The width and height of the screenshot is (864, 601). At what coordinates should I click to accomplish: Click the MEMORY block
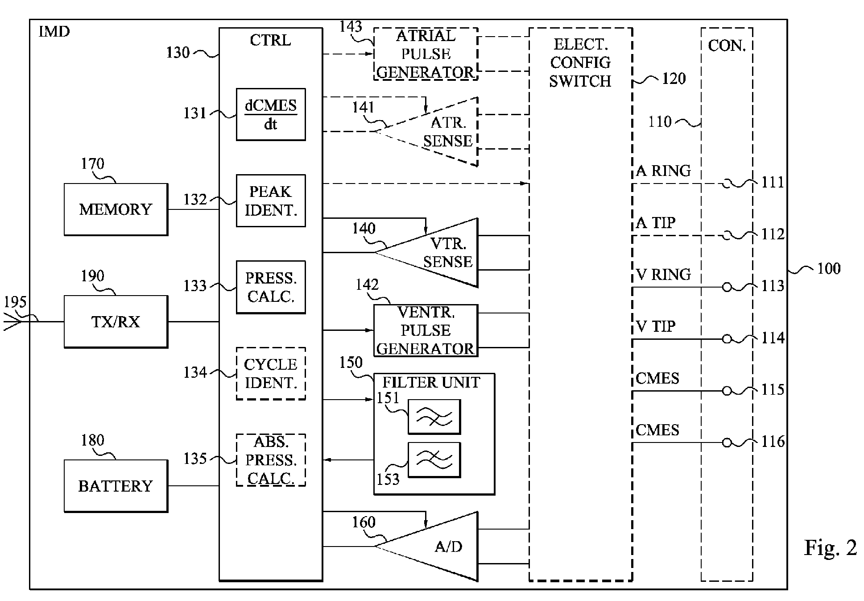[116, 209]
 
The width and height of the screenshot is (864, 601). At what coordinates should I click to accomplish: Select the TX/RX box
[116, 321]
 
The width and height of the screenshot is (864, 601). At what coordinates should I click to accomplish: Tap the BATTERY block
[116, 486]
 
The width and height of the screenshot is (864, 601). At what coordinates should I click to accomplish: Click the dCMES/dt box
[271, 115]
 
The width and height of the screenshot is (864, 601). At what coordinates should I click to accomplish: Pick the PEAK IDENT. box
[271, 201]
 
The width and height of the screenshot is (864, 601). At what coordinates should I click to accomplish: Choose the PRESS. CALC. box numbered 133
[271, 287]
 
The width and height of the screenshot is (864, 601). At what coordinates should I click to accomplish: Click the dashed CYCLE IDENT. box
[271, 373]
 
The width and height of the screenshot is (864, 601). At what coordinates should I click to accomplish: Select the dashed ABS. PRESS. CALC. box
[271, 460]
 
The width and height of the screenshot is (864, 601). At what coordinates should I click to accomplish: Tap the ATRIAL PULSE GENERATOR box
[426, 54]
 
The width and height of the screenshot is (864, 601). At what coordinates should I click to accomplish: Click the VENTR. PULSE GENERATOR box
[426, 330]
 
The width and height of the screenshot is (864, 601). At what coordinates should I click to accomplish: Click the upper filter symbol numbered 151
[434, 417]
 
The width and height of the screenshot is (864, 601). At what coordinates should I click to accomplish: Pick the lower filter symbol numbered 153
[434, 460]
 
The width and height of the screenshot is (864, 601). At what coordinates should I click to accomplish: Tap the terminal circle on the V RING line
[727, 287]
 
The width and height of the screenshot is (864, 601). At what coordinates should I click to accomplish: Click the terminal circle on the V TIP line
[727, 339]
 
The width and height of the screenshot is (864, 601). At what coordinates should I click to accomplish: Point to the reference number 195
[15, 302]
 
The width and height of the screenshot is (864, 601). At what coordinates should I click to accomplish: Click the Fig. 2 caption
[831, 547]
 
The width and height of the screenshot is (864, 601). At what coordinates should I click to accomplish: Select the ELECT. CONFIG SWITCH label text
[580, 63]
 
